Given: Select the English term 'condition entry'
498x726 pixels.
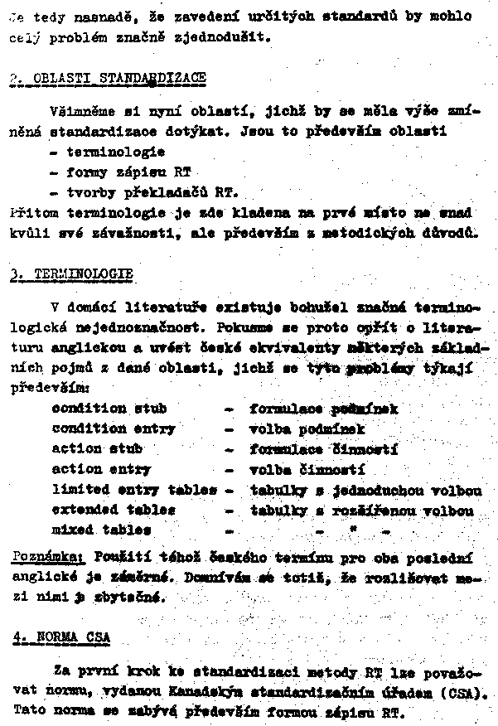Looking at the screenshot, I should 114,429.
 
